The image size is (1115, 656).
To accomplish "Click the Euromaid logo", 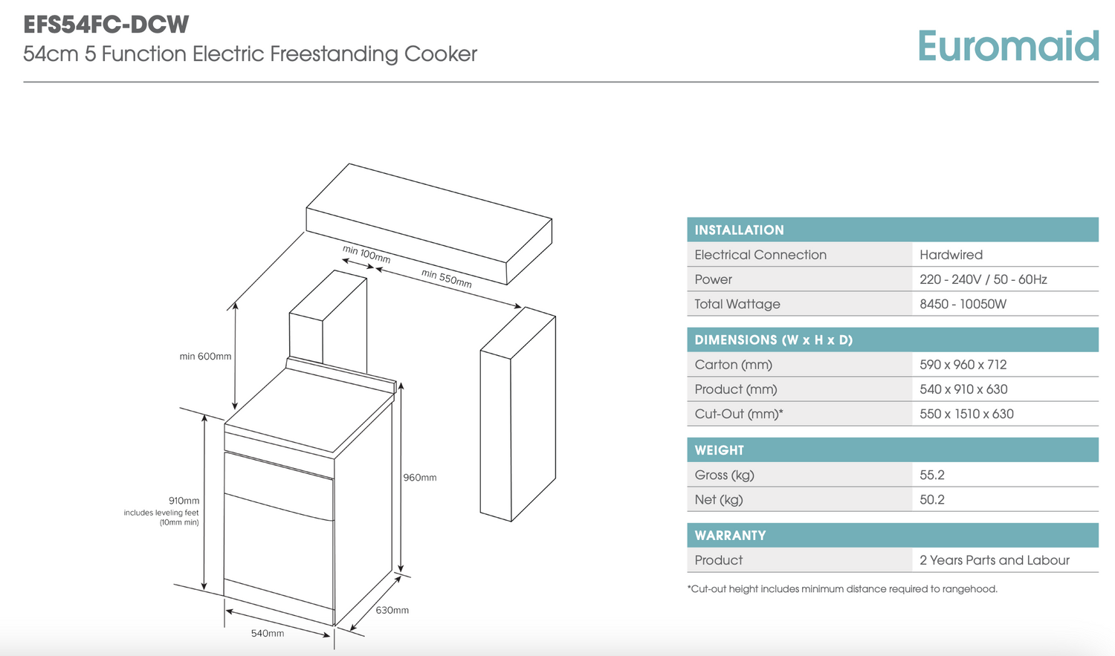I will pos(1007,46).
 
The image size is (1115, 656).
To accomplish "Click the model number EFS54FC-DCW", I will pos(106,25).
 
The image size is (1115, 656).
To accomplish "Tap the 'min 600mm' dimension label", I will pos(205,357).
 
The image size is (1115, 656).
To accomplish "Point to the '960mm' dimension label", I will pos(420,478).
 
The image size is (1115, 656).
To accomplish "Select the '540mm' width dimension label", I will pos(268,634).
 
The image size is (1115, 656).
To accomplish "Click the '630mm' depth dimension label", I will pos(392,611).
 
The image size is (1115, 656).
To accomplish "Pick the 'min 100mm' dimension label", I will pos(366,254).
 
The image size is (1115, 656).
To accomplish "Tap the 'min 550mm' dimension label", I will pos(446,279).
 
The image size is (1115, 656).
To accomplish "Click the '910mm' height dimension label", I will pos(184,501).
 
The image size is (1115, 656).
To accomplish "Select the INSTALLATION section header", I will pos(739,230).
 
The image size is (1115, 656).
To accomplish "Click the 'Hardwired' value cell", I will pos(951,255).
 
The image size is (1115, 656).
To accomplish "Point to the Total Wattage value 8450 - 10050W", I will pos(963,304).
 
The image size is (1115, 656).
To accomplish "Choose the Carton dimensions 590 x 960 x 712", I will pos(963,365).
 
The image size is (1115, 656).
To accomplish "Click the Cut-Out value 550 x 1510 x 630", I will pos(966,414).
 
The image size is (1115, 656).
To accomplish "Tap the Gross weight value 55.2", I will pos(932,475).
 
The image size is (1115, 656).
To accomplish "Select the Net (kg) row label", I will pos(718,500).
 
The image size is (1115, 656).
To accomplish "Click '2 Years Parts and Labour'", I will pos(994,560).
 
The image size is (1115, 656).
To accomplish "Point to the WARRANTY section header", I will pos(730,536).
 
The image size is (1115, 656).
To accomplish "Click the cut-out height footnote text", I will pos(842,589).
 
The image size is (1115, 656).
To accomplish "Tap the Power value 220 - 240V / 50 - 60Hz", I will pos(983,279).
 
